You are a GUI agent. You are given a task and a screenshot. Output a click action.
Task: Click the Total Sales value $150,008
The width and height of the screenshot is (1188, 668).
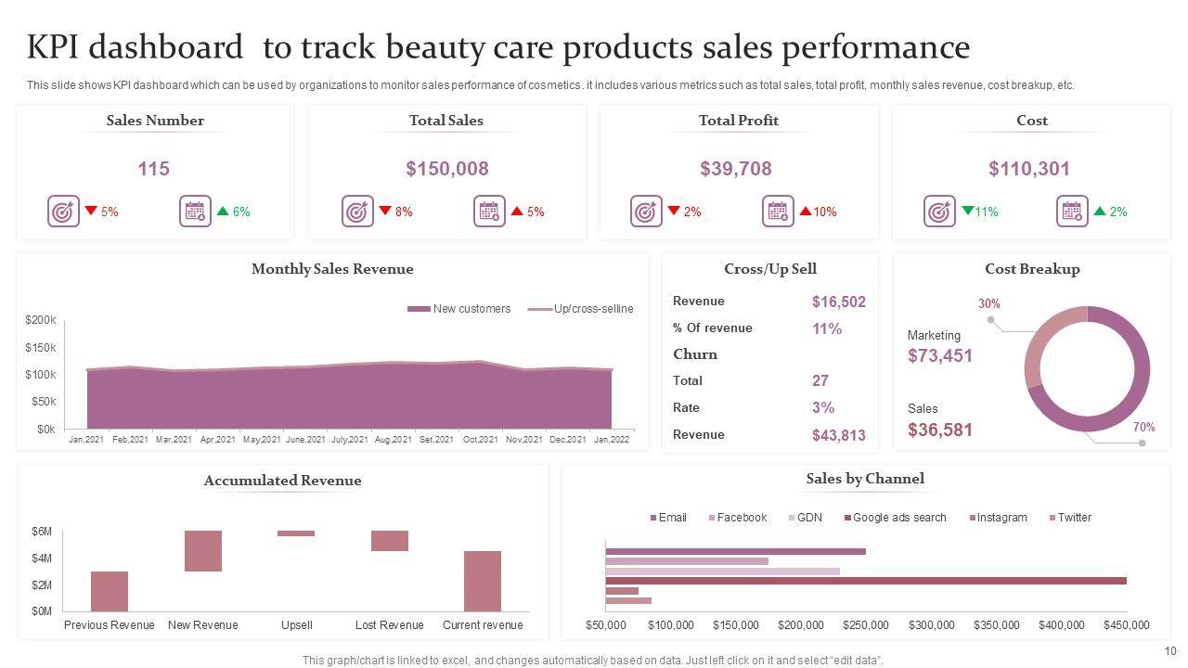pos(446,169)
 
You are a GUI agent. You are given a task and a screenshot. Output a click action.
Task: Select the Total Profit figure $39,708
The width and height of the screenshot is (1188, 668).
pos(737,169)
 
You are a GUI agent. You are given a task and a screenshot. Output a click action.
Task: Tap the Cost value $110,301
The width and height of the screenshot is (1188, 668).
pos(1028,169)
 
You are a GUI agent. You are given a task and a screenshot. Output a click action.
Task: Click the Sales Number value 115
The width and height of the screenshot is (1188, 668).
pos(154,169)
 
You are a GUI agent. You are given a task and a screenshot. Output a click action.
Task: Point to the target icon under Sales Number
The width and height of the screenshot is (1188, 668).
pos(63,212)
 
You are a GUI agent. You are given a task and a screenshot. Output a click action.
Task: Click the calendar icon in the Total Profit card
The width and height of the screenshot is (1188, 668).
pos(778,212)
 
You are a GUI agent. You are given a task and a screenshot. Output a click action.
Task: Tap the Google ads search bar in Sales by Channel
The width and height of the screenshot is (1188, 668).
pos(865,581)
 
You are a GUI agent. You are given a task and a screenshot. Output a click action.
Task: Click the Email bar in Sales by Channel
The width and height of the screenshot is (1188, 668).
pos(735,551)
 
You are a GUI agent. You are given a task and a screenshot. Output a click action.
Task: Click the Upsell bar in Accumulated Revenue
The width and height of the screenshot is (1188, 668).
pos(296,533)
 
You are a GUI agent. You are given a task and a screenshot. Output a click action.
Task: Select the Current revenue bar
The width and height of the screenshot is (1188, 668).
pos(483,581)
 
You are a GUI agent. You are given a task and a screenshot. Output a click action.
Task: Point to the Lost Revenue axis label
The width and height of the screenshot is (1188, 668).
pos(389,625)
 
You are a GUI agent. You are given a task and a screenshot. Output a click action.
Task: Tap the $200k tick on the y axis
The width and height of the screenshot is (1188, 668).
pos(41,320)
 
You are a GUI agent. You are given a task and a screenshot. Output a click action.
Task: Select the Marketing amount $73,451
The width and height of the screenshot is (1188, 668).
pos(940,355)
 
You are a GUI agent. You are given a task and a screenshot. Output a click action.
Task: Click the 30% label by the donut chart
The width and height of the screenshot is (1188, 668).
pos(989,303)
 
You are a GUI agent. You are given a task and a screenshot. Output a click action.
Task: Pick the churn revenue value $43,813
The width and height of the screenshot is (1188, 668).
pos(838,435)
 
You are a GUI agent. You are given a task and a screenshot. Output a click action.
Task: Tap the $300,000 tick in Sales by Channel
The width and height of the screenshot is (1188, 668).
pos(932,625)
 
